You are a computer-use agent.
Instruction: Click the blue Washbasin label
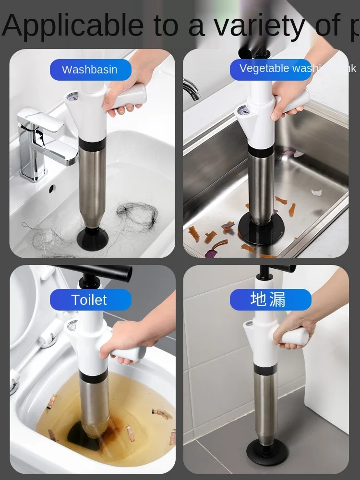(x=90, y=70)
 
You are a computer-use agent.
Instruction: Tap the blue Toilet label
(x=90, y=300)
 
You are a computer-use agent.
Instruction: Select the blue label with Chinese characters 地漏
(x=270, y=300)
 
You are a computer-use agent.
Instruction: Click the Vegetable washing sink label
(x=278, y=69)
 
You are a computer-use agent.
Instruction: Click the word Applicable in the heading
(x=72, y=25)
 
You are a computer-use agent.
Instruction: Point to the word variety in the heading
(x=259, y=25)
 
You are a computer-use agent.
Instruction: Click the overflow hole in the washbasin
(x=51, y=189)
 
